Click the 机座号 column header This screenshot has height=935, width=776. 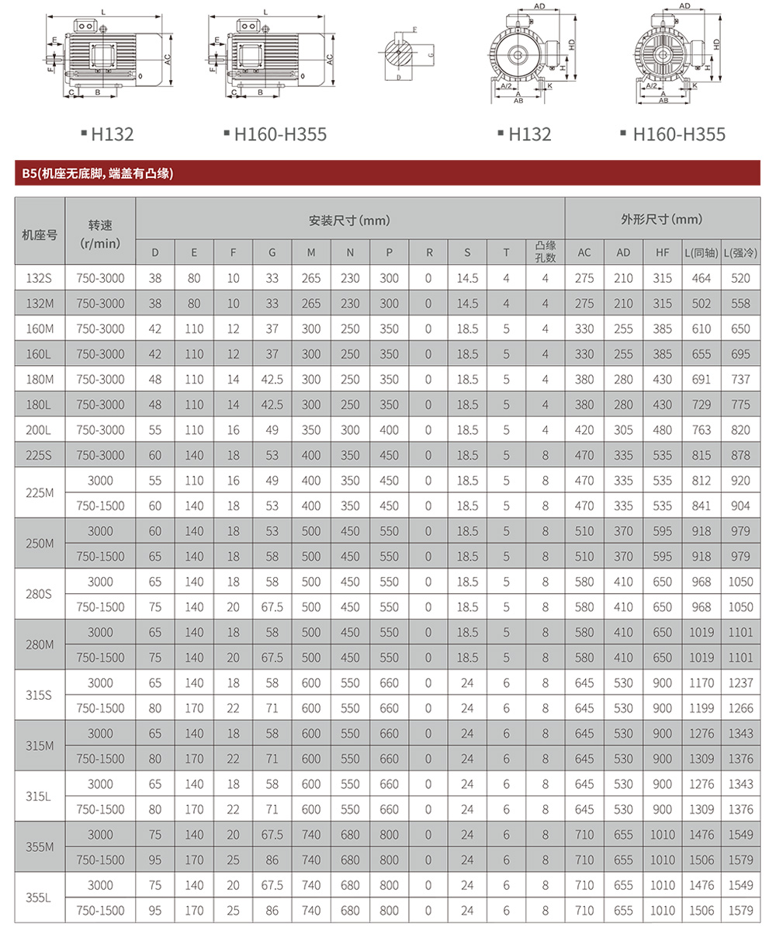click(40, 234)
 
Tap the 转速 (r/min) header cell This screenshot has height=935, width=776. click(101, 234)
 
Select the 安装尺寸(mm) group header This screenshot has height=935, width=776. click(350, 221)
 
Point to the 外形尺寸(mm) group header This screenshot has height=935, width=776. click(662, 221)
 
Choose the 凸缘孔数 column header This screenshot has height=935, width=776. click(546, 252)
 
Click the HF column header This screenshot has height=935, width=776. click(662, 252)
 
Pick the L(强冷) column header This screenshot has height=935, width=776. click(740, 252)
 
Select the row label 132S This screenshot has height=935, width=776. click(40, 278)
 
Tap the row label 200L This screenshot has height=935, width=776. click(40, 430)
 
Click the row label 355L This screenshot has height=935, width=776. click(40, 898)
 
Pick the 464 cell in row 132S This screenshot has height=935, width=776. click(702, 278)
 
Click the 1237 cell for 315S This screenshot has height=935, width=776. click(740, 683)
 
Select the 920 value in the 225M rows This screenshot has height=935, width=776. click(740, 481)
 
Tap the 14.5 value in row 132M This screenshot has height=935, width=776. click(467, 304)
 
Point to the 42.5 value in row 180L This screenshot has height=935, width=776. click(272, 405)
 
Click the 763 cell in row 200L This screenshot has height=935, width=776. click(702, 430)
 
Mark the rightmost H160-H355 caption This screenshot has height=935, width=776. click(678, 134)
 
